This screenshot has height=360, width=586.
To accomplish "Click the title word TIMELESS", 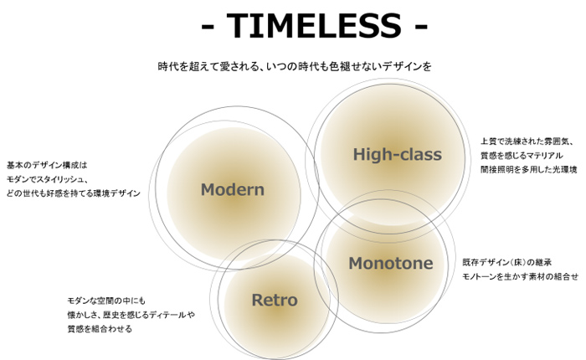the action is point(314,26).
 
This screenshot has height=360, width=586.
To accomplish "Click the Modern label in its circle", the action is point(233,189).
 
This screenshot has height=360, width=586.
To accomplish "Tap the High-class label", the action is point(398,154).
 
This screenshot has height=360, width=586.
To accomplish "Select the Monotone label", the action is point(391,263).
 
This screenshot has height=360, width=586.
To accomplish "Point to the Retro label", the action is point(275,301).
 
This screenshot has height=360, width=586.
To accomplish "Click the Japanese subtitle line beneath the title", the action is point(295,66).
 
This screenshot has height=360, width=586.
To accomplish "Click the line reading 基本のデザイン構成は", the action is point(47,165).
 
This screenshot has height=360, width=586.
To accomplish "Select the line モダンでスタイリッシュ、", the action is point(48,179).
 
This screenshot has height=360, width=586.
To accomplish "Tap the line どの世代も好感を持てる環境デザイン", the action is point(74,193).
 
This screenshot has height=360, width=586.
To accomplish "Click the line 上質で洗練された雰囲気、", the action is point(527,141).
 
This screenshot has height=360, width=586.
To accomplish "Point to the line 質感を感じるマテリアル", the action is point(522,155).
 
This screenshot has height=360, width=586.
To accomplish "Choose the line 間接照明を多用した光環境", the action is point(529,169).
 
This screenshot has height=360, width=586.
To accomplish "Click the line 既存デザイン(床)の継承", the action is point(507,262).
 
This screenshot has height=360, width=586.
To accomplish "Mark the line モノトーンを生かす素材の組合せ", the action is point(520,276).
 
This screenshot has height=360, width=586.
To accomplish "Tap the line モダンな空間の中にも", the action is point(106,301).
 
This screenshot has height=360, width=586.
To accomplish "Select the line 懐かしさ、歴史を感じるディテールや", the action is point(131,315).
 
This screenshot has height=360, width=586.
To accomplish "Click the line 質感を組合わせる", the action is point(100,329).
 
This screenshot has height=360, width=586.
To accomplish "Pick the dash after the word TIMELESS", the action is point(421,27).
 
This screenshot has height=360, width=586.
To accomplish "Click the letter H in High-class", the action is point(359,154).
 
